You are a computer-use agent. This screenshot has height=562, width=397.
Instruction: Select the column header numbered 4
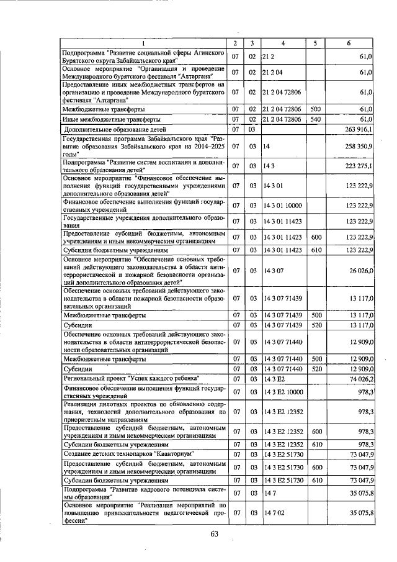point(282,43)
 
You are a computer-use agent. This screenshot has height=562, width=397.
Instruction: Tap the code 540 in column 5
point(315,119)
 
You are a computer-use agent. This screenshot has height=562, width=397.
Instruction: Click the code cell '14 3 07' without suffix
point(273,271)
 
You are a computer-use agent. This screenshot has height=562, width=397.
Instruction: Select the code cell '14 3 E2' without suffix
point(274,378)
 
